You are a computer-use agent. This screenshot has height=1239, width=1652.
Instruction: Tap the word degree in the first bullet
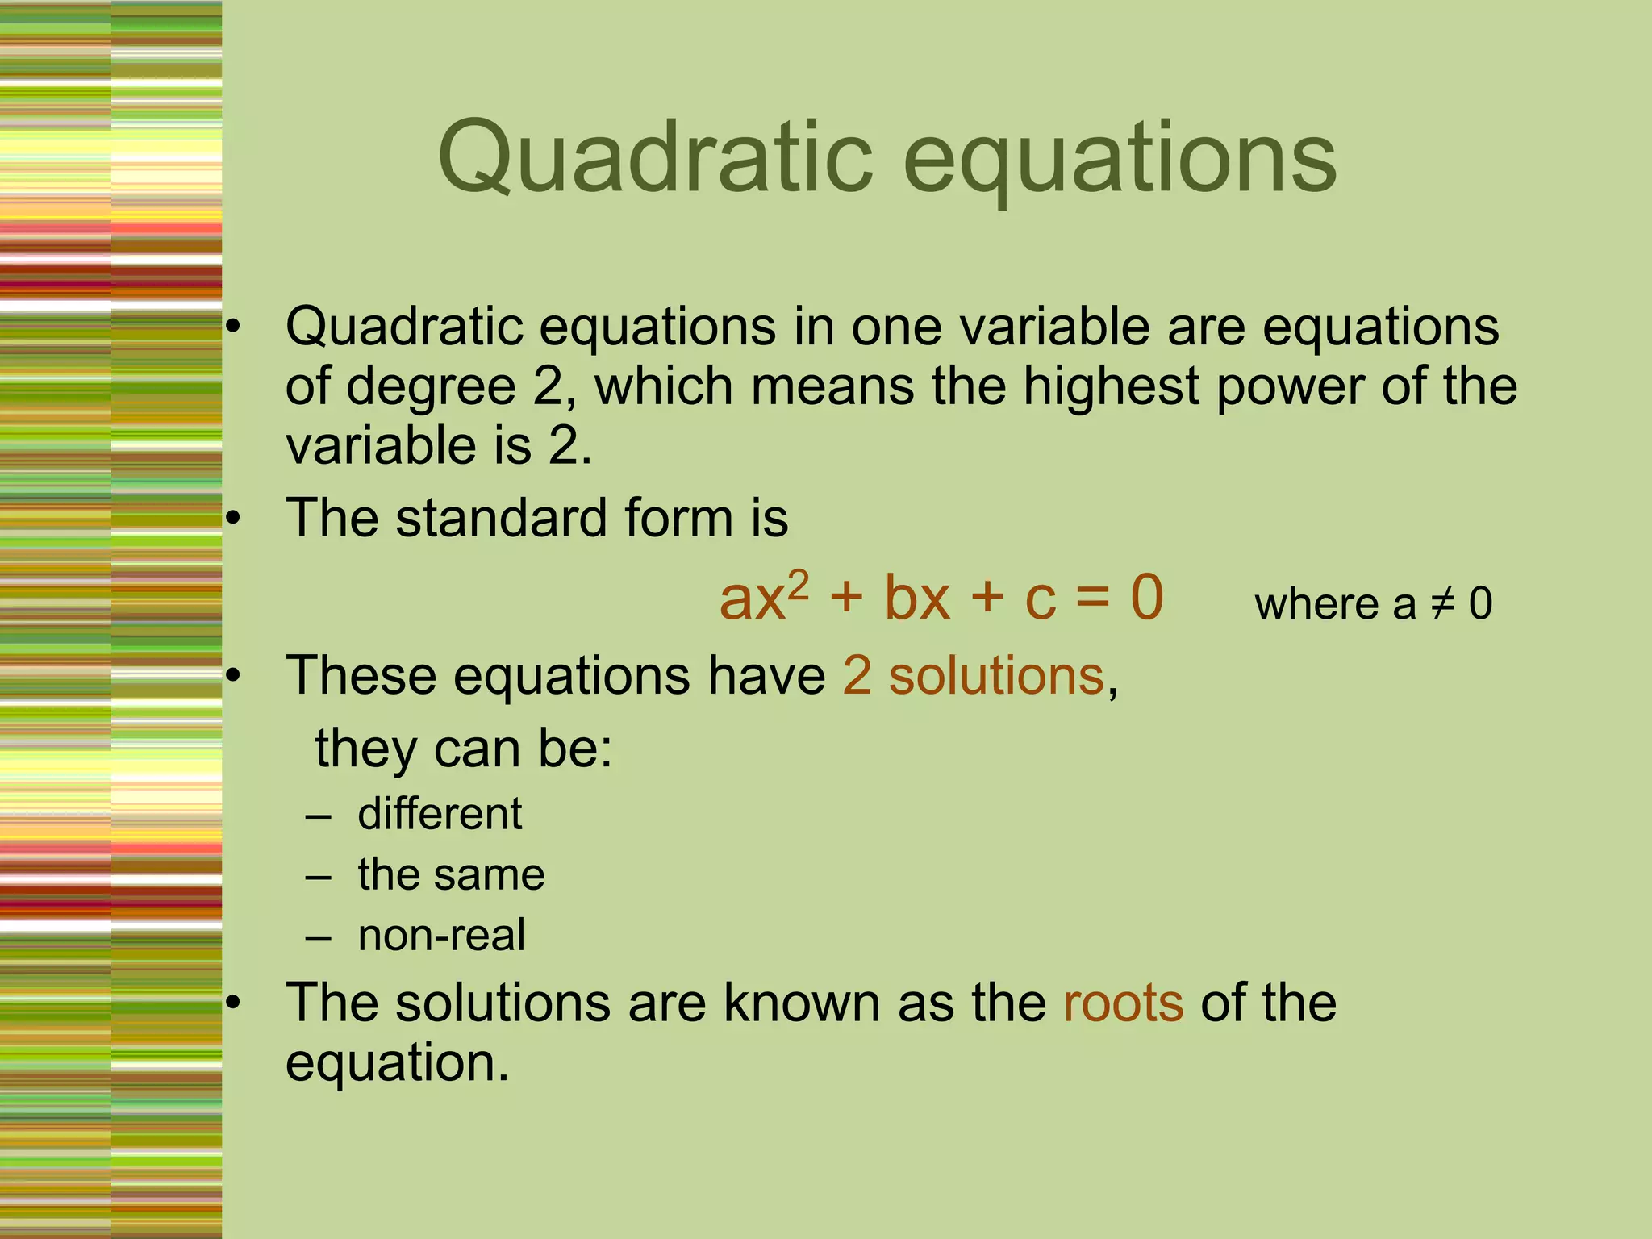click(431, 386)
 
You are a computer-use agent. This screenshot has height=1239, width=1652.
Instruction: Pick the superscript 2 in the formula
click(798, 583)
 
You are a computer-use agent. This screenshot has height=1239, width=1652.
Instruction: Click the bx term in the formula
click(917, 599)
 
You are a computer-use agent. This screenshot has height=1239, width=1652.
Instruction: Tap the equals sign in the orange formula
click(1093, 599)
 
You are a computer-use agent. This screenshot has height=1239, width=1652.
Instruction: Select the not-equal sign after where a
click(1442, 604)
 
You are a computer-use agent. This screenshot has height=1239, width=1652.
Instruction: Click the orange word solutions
click(996, 675)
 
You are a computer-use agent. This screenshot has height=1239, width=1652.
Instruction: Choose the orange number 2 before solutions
click(857, 675)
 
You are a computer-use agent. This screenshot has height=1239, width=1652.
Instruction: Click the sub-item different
click(440, 813)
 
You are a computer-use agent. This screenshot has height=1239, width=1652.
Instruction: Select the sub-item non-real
click(441, 935)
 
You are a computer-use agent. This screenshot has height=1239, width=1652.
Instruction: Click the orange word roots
click(1123, 1003)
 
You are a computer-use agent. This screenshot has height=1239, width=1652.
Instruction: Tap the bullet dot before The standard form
click(233, 519)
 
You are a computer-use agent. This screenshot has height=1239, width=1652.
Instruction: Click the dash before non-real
click(319, 937)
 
